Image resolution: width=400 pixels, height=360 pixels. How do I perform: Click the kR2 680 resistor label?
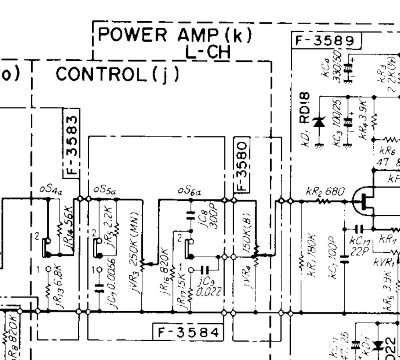[325, 192]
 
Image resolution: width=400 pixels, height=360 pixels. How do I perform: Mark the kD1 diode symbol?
[319, 122]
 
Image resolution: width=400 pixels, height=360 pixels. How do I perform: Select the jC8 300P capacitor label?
[209, 218]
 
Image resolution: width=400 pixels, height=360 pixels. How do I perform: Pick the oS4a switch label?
[50, 190]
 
